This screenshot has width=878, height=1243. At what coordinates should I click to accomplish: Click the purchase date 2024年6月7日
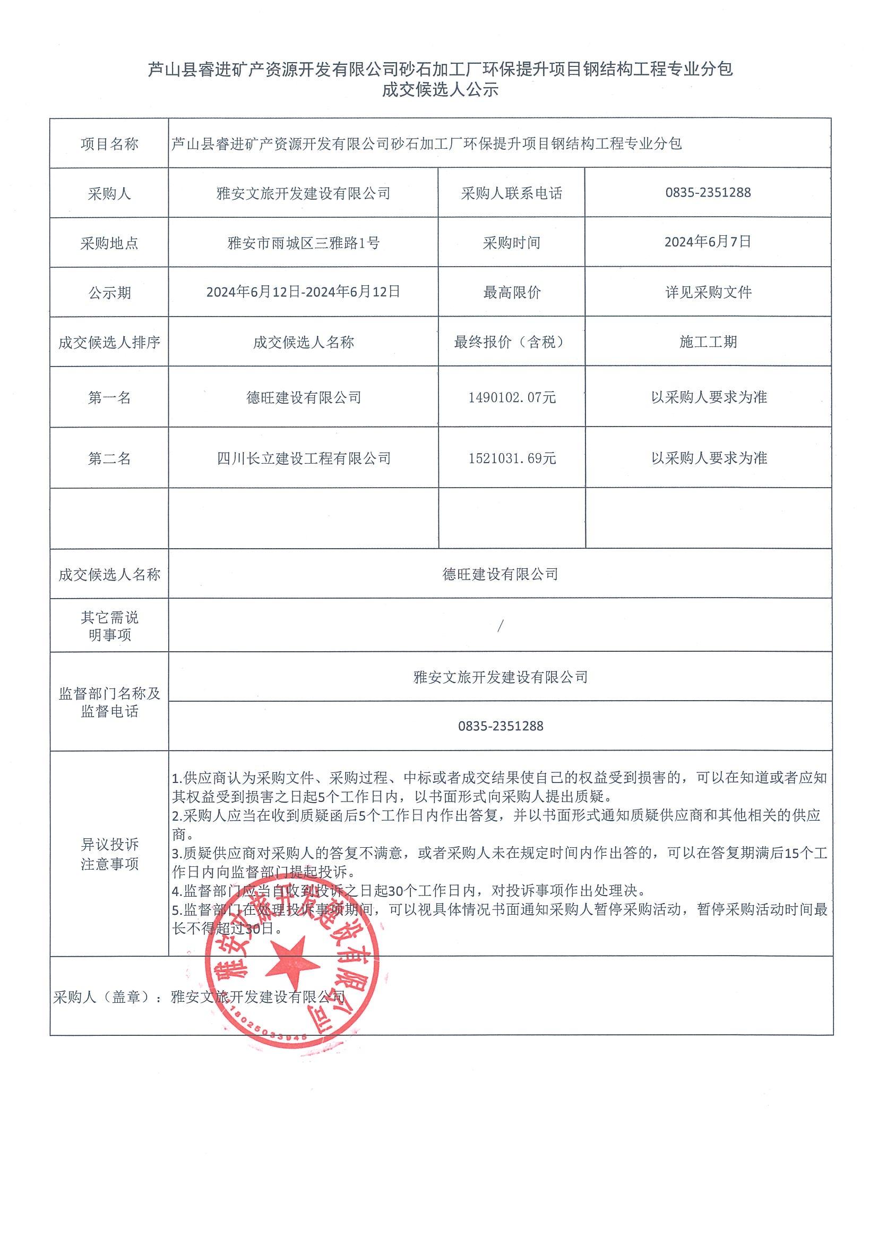click(708, 242)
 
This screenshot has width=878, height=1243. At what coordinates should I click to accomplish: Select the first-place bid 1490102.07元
click(512, 397)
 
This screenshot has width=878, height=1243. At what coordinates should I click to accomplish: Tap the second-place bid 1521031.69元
click(512, 458)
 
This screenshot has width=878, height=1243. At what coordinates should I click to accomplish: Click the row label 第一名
click(109, 398)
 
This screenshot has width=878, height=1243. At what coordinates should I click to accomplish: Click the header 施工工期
click(708, 342)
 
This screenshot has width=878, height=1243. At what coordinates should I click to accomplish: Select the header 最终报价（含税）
click(512, 342)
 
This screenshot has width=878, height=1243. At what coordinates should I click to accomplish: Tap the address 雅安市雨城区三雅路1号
click(304, 243)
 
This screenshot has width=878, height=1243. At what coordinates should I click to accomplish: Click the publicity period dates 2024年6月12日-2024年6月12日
click(304, 292)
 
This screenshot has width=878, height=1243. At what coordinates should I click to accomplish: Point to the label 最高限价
click(512, 293)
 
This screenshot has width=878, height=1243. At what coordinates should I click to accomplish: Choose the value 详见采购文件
click(708, 293)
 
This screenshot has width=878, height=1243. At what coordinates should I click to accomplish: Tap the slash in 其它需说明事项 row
click(500, 626)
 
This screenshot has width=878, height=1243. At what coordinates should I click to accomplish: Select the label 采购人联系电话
click(512, 193)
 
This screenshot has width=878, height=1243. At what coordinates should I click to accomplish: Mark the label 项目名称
click(109, 144)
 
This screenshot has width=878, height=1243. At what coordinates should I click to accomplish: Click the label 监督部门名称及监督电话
click(109, 702)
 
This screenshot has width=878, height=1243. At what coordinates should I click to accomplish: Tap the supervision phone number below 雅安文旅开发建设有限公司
click(500, 727)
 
